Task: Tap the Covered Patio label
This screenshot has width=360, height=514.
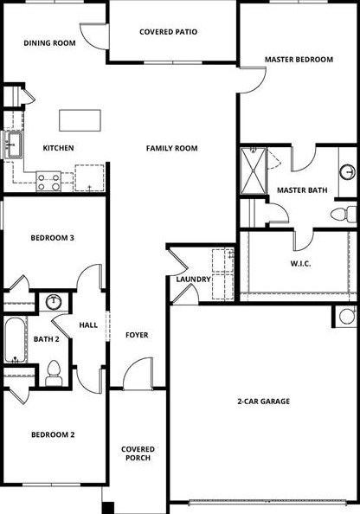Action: pyautogui.click(x=168, y=32)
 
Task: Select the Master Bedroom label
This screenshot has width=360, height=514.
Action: pyautogui.click(x=299, y=60)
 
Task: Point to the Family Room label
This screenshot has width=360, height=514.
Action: pyautogui.click(x=171, y=148)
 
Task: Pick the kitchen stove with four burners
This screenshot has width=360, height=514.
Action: pyautogui.click(x=48, y=182)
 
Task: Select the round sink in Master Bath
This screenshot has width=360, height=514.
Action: pyautogui.click(x=346, y=170)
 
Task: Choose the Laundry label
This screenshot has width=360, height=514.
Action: pyautogui.click(x=192, y=279)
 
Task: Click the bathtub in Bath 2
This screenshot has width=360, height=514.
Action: pyautogui.click(x=15, y=340)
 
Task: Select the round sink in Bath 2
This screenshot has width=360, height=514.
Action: pyautogui.click(x=54, y=302)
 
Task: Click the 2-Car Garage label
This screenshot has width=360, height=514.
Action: pyautogui.click(x=263, y=402)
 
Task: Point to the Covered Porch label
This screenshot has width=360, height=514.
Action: pyautogui.click(x=138, y=453)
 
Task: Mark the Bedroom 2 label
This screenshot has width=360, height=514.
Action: pyautogui.click(x=53, y=434)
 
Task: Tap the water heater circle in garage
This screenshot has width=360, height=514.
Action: pyautogui.click(x=347, y=316)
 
